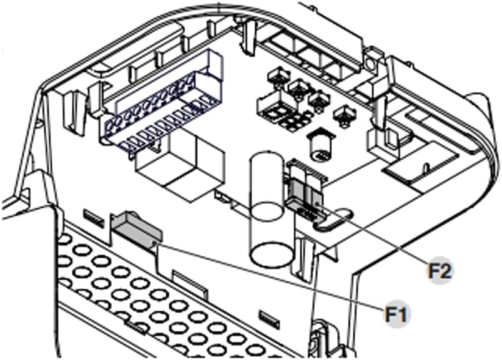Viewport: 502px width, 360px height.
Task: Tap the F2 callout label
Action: pos(441,270)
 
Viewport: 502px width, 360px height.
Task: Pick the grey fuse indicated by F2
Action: pos(304,192)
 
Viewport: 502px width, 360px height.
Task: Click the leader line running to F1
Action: pos(270,277)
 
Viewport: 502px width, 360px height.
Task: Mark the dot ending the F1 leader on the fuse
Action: pos(155,244)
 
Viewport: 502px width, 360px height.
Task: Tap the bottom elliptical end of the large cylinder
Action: pos(272,255)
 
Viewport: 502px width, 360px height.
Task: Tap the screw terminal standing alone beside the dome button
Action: pos(345,116)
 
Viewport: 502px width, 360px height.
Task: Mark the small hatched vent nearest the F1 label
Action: pos(268,318)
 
